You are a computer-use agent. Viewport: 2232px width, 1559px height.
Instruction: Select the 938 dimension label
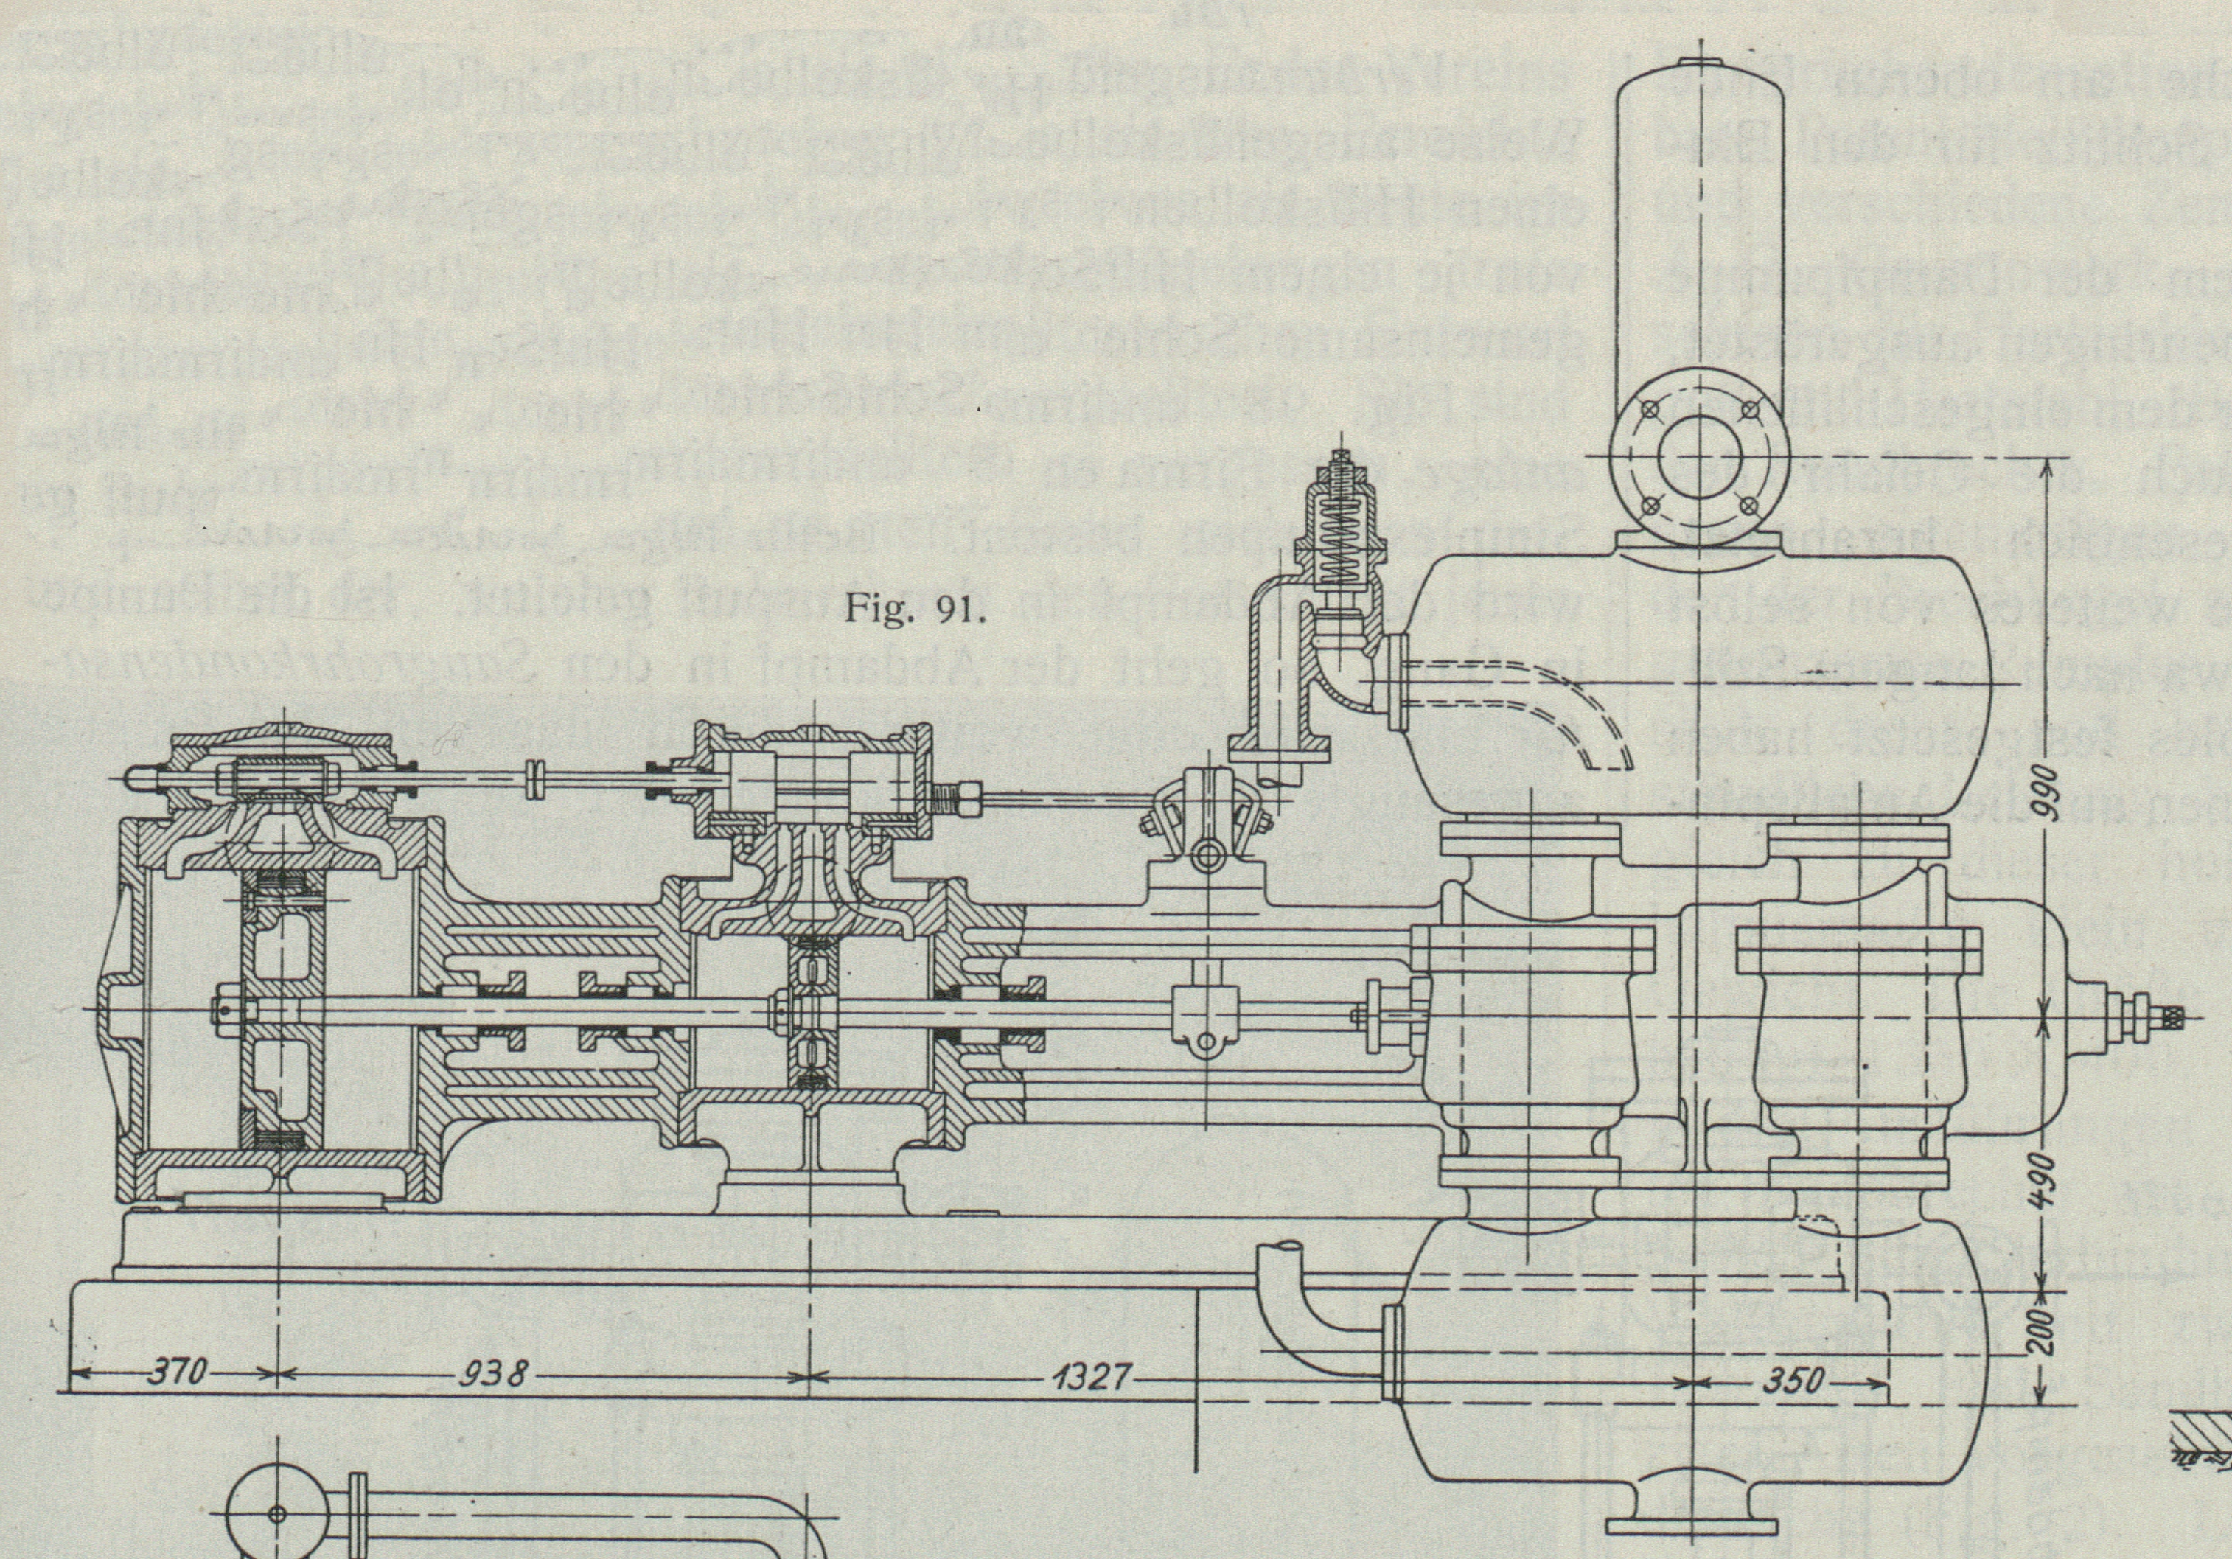495,1374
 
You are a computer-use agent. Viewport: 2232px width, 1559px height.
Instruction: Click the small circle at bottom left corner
276,1513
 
